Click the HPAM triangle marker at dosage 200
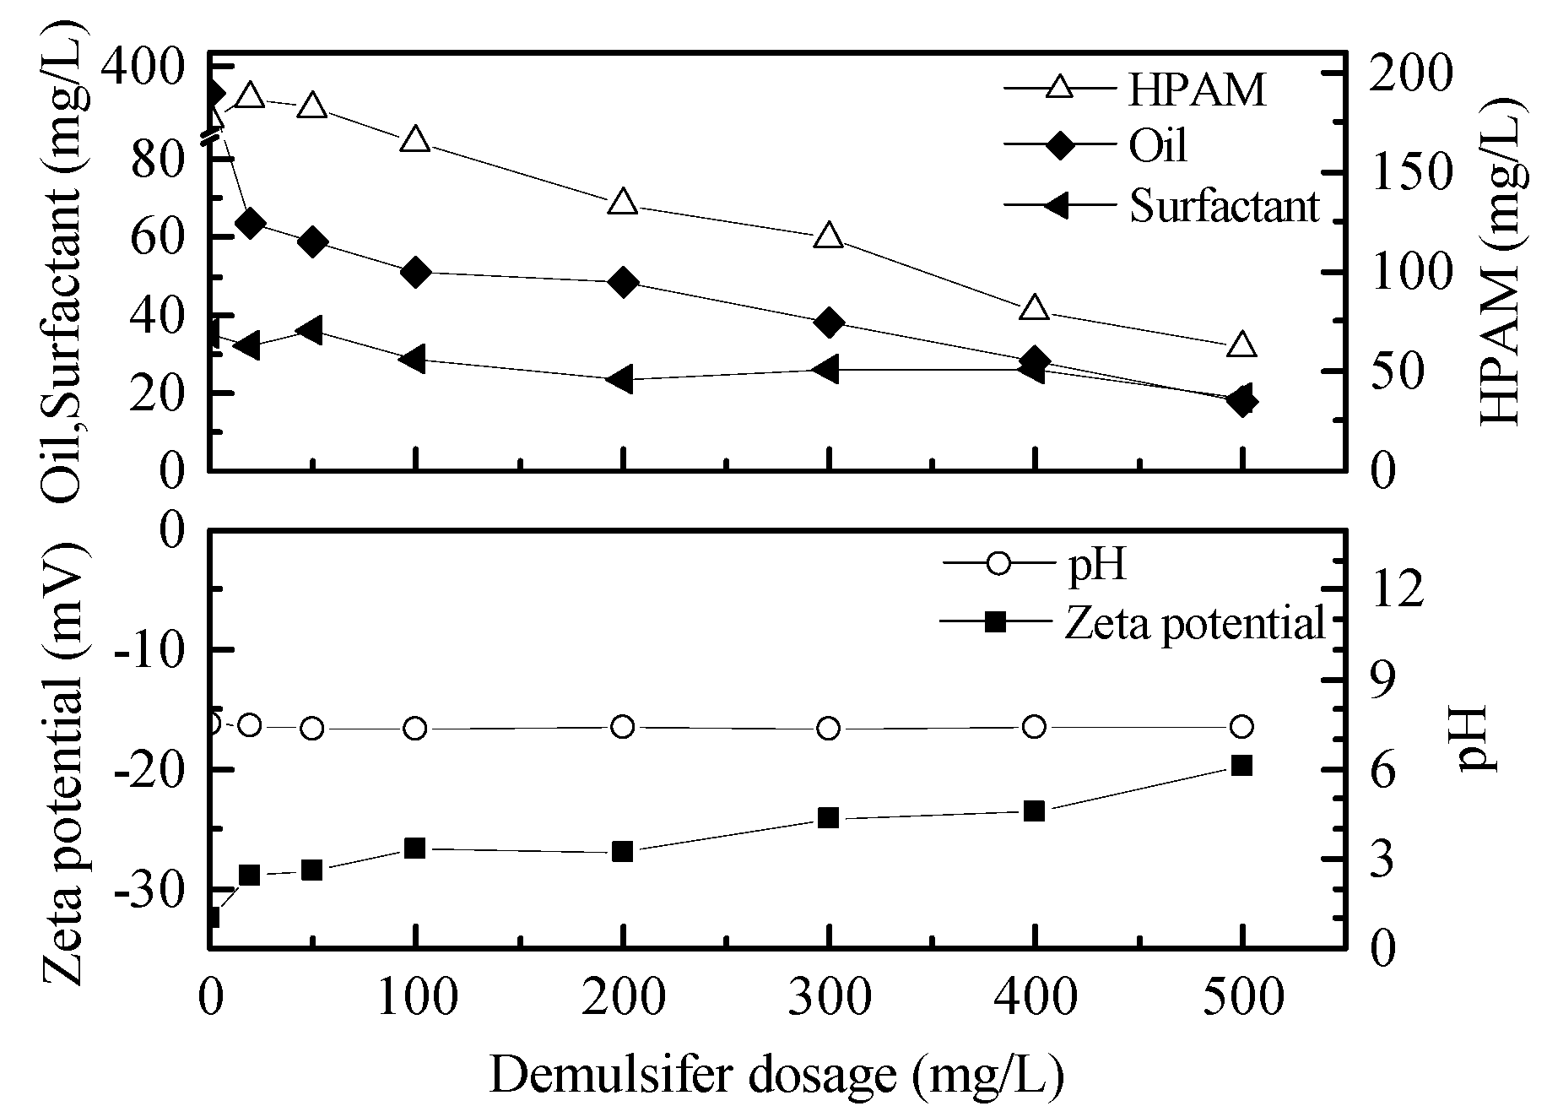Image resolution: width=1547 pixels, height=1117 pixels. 622,202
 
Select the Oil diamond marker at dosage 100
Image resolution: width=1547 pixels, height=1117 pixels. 415,272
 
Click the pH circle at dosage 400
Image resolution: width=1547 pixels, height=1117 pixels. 1035,727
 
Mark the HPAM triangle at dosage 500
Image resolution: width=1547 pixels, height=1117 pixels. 1241,345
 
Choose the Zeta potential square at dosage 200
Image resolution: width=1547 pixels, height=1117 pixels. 622,852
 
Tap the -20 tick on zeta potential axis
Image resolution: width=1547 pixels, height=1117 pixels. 154,769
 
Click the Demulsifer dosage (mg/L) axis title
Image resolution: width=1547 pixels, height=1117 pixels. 776,1075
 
